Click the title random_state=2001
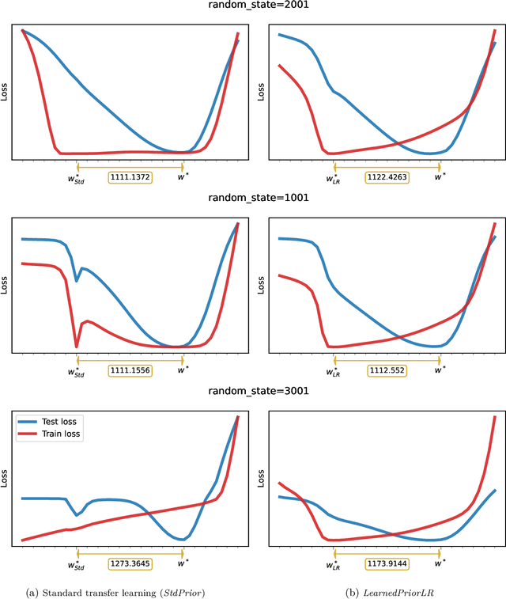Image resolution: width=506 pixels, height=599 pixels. pos(258,7)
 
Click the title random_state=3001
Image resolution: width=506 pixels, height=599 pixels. pos(258,391)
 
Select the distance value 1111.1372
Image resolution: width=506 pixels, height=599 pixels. pos(130,177)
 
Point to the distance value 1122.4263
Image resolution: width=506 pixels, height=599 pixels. pos(387,177)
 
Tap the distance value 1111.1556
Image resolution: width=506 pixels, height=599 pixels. pos(130,370)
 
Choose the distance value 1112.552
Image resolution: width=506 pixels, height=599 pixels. pos(387,370)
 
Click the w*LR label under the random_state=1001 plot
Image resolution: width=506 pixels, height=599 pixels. pos(333,370)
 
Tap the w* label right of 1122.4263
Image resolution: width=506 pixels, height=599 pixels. pos(440,177)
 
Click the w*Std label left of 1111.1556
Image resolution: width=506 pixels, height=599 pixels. pos(76,370)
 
